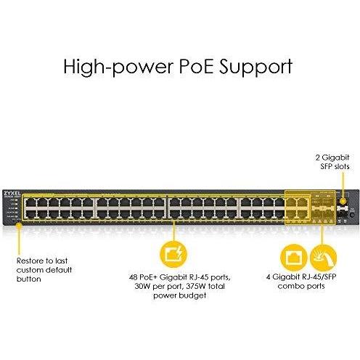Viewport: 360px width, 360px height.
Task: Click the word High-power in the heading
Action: (x=118, y=66)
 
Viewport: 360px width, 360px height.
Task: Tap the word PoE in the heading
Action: (x=197, y=66)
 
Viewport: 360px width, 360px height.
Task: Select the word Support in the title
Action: (x=255, y=67)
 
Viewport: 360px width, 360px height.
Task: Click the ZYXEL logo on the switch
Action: (x=12, y=193)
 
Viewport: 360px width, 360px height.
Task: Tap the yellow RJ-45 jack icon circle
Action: (x=293, y=258)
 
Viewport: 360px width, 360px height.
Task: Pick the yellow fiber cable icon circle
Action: (x=324, y=258)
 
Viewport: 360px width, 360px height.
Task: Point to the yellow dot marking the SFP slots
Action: (x=343, y=201)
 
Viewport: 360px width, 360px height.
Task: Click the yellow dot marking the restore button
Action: (x=19, y=226)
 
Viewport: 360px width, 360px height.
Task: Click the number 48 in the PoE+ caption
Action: (x=134, y=277)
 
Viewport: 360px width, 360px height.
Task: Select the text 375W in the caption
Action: (x=195, y=286)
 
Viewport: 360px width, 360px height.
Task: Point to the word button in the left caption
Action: (x=29, y=279)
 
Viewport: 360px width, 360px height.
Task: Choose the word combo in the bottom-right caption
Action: (x=290, y=286)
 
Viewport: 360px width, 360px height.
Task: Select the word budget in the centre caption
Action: (x=193, y=295)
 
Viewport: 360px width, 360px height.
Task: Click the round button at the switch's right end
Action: (x=352, y=215)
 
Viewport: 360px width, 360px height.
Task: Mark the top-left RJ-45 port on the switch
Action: (x=30, y=202)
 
